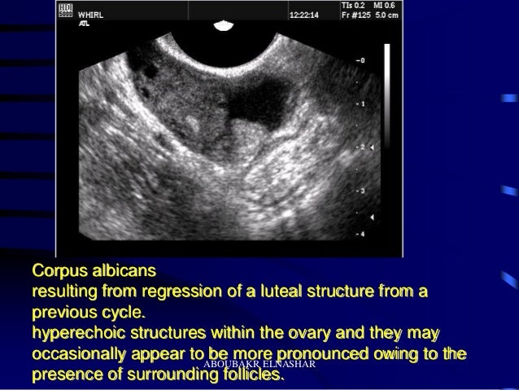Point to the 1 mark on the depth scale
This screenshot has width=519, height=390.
pos(362,105)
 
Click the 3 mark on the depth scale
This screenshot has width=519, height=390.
pos(362,191)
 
